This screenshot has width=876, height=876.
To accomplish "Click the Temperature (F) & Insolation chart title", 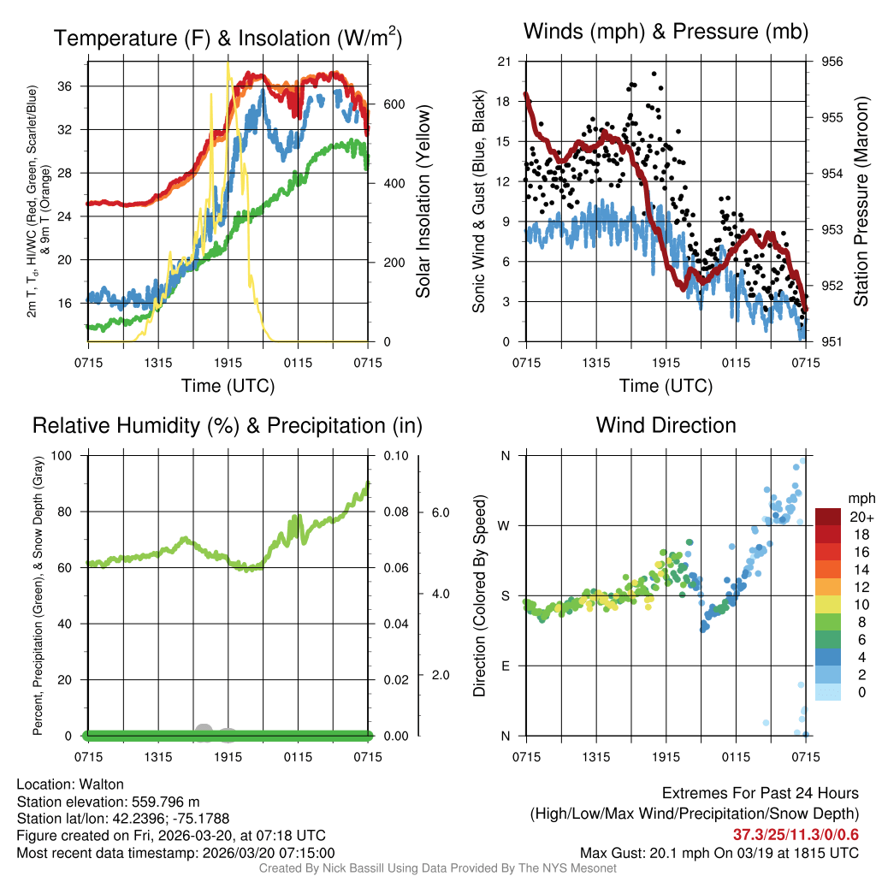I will coord(228,38).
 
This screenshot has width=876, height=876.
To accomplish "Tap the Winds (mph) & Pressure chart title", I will coord(666,32).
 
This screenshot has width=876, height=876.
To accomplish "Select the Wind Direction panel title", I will coord(666,424).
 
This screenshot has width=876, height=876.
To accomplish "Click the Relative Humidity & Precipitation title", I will coord(228,425).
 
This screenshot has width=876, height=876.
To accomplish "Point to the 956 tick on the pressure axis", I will coord(832,62).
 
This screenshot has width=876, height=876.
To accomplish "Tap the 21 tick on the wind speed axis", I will coord(503,62).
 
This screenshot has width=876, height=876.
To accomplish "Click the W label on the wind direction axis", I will coord(505,525).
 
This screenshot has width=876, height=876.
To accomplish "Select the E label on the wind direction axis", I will coord(505,666).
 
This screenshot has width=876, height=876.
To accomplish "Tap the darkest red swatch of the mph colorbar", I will coord(829,517).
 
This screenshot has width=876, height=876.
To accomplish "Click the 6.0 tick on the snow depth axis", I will coord(440,512).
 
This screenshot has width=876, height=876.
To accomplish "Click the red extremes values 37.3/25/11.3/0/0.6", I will coord(796,834).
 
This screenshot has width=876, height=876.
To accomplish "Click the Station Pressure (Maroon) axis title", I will coord(861,201).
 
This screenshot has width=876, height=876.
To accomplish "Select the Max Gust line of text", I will coord(719,852).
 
